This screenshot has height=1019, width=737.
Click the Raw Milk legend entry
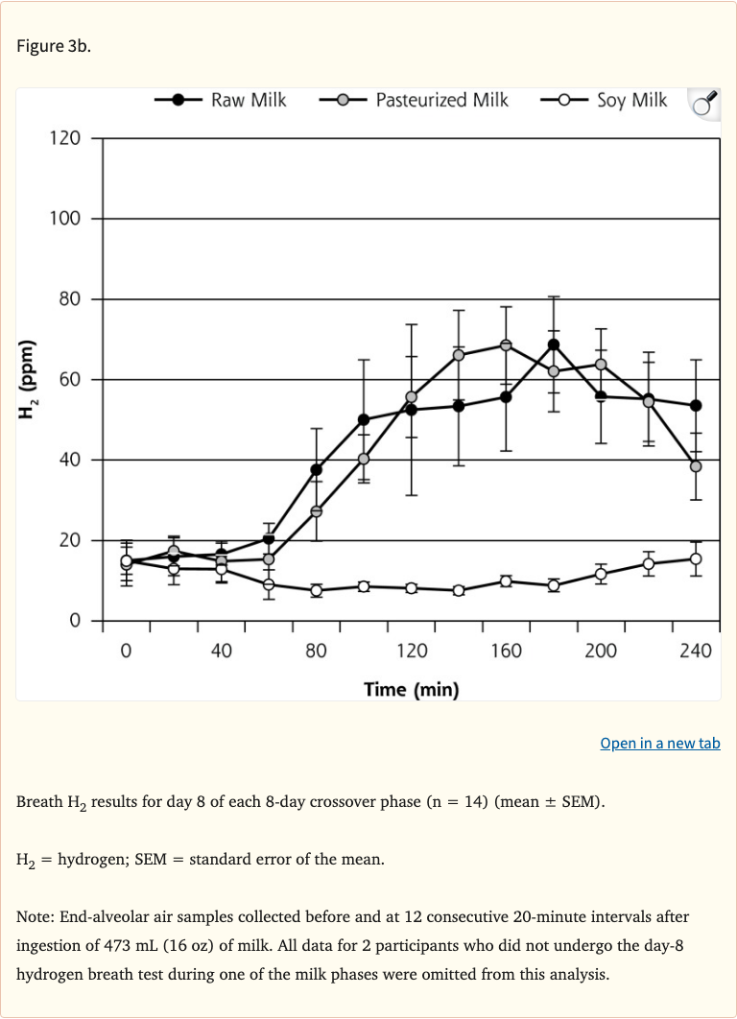pyautogui.click(x=222, y=100)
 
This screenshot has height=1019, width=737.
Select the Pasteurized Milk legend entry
pyautogui.click(x=415, y=100)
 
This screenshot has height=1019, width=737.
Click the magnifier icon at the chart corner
pyautogui.click(x=703, y=103)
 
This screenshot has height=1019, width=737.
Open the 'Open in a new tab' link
pyautogui.click(x=659, y=744)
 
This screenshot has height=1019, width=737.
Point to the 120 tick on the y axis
pyautogui.click(x=65, y=138)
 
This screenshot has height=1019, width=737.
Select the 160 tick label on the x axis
pyautogui.click(x=505, y=652)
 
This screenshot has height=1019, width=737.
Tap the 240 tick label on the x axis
pyautogui.click(x=695, y=652)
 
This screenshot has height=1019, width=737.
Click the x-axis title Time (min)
pyautogui.click(x=411, y=689)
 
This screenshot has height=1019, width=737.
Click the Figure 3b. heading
pyautogui.click(x=54, y=47)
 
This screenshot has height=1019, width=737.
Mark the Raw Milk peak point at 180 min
pyautogui.click(x=554, y=344)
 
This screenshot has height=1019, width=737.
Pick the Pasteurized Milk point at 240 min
pyautogui.click(x=696, y=466)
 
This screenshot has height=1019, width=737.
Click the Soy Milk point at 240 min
pyautogui.click(x=696, y=558)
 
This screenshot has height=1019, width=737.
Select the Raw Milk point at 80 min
pyautogui.click(x=316, y=469)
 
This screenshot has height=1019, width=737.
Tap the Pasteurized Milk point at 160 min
pyautogui.click(x=506, y=345)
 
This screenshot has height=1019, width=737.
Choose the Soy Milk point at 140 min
pyautogui.click(x=459, y=590)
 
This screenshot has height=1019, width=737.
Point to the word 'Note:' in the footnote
pyautogui.click(x=36, y=917)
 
